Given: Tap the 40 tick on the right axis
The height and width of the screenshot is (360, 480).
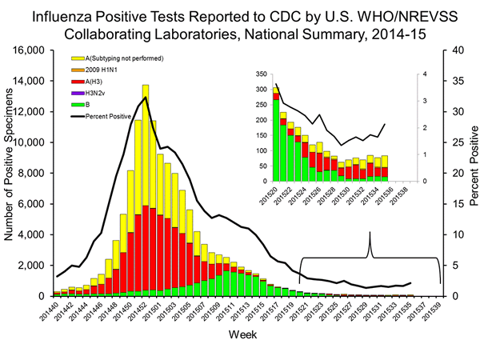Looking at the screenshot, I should pyautogui.click(x=454, y=50).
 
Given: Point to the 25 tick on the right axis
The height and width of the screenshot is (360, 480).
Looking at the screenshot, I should pyautogui.click(x=454, y=142).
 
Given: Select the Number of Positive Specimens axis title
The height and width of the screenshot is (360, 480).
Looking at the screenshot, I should pyautogui.click(x=10, y=173).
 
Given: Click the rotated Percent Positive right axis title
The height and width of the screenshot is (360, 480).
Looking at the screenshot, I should pyautogui.click(x=471, y=173).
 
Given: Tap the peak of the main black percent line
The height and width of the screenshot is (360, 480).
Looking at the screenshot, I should pyautogui.click(x=145, y=98).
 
